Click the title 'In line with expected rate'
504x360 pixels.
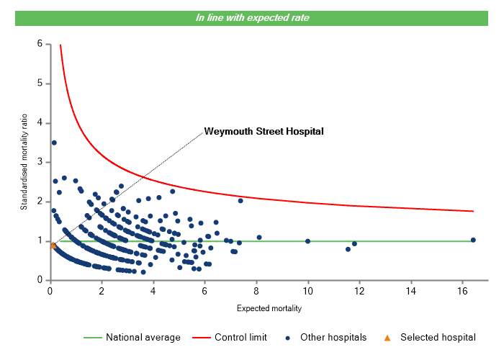click(252, 18)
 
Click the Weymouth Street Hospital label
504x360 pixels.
click(264, 131)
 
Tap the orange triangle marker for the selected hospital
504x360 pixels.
click(53, 246)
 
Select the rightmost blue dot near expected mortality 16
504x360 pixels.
click(473, 240)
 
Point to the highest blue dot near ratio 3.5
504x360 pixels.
click(54, 143)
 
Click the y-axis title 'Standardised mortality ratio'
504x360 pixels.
click(24, 161)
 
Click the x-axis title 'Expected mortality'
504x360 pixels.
click(269, 308)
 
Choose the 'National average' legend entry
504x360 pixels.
click(143, 337)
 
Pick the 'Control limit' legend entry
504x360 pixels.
click(240, 337)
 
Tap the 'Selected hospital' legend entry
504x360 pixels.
click(438, 337)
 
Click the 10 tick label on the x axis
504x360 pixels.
click(308, 291)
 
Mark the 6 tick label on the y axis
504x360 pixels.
click(40, 44)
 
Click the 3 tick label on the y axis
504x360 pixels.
click(40, 162)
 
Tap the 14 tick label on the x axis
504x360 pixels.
click(411, 291)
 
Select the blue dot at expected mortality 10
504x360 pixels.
click(308, 241)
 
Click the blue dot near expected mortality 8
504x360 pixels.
click(259, 238)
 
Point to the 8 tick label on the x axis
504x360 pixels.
click(256, 291)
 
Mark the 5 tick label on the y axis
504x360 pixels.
click(40, 84)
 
